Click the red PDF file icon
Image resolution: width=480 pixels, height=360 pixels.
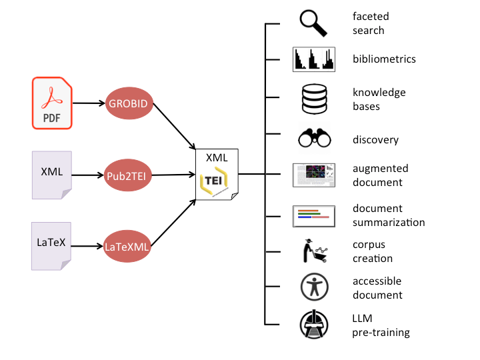[52, 103]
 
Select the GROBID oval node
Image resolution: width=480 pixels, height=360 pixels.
[129, 103]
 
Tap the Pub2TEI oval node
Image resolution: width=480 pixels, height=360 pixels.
[127, 175]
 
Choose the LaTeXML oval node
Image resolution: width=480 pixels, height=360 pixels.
[127, 247]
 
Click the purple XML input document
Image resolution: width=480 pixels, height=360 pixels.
[52, 175]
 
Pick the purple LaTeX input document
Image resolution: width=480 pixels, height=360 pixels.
[51, 246]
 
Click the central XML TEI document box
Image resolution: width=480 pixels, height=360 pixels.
[217, 175]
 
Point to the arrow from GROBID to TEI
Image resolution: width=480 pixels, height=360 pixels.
[174, 127]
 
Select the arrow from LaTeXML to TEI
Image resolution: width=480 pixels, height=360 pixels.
[173, 223]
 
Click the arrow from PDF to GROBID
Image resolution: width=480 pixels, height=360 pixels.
[89, 103]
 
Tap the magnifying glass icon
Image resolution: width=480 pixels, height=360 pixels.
[313, 23]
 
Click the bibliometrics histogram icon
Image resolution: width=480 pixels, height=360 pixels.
[314, 59]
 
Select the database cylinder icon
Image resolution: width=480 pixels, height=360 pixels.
[315, 99]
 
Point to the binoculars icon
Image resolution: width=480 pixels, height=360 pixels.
[315, 138]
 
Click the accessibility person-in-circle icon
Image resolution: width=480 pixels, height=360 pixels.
[315, 287]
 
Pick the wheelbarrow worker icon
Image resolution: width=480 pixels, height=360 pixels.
[315, 251]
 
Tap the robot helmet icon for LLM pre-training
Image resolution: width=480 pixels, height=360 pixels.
[314, 325]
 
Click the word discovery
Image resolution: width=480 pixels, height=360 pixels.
[375, 140]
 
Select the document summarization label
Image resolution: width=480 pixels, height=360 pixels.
[389, 215]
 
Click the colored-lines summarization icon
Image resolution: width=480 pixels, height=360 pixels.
[314, 216]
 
